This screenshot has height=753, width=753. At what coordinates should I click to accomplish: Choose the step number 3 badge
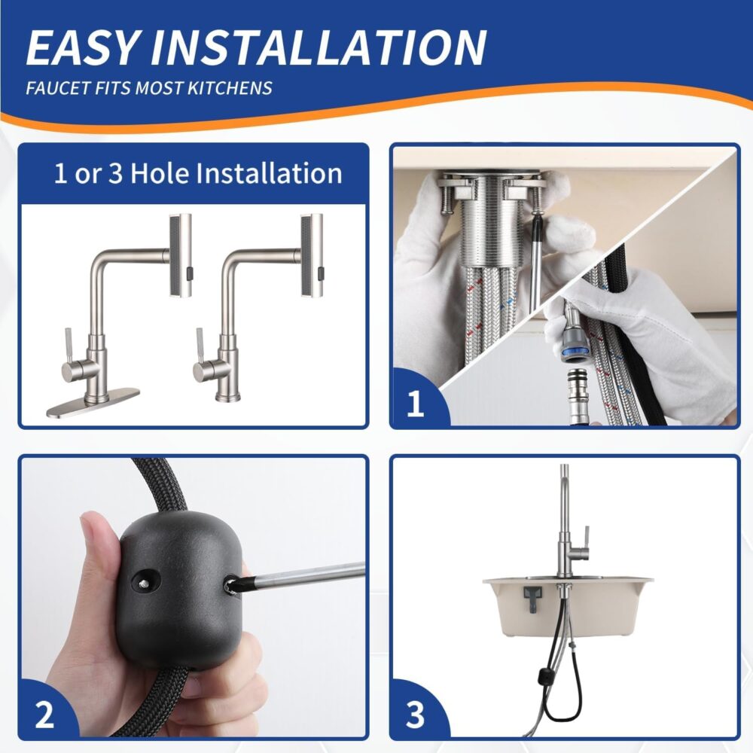point(416,715)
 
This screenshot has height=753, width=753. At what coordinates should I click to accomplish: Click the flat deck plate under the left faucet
point(93,402)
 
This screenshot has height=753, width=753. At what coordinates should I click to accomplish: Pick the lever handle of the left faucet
point(69,346)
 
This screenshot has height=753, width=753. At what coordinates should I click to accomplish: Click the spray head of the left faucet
point(181,257)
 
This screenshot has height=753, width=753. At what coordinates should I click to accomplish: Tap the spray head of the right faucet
point(312,257)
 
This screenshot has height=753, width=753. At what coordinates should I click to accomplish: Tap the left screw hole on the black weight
point(144,581)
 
